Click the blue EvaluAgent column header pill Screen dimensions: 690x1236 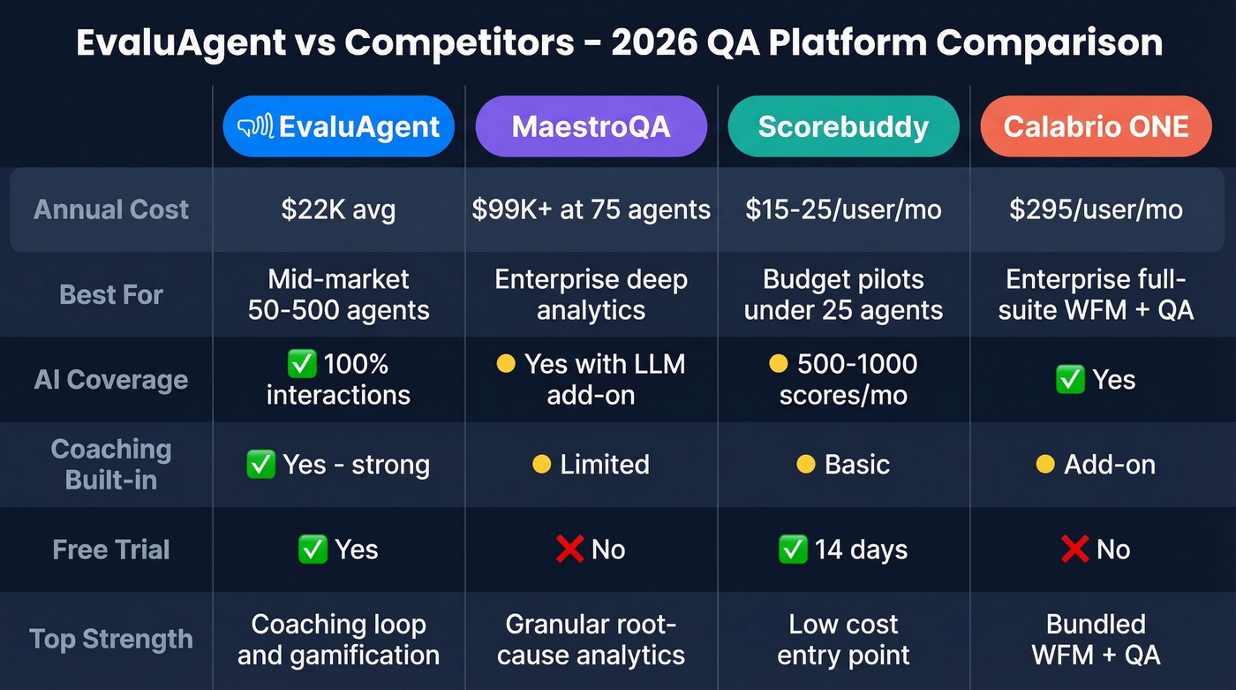pos(339,126)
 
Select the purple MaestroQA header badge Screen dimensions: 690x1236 pos(591,126)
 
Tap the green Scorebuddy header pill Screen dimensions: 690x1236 pos(843,126)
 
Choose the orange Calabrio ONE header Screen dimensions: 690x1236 pos(1096,126)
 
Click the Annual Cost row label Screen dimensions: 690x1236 pos(111,209)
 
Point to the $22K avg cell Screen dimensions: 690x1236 pos(339,209)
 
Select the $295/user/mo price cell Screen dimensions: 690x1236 pos(1096,209)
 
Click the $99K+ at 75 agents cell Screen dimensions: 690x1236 pos(591,209)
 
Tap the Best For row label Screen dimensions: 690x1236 pos(111,294)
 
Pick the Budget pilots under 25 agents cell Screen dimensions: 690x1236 pos(843,294)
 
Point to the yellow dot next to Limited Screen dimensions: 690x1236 pos(541,465)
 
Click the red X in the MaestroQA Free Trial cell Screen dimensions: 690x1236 pos(570,550)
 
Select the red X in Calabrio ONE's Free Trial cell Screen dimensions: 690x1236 pos(1074,550)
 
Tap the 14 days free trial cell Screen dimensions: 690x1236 pos(843,550)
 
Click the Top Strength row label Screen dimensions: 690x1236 pos(111,639)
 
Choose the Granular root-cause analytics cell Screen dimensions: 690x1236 pos(591,639)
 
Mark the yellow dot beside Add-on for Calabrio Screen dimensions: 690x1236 pos(1045,465)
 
